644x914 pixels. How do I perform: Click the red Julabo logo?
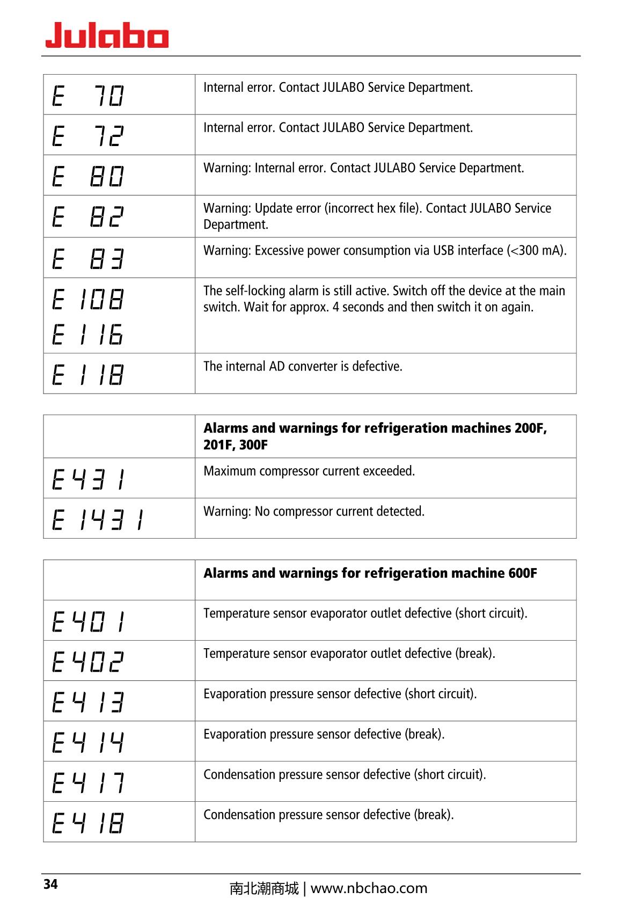click(107, 35)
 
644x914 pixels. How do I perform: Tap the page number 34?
click(50, 884)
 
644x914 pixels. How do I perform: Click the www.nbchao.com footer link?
click(369, 888)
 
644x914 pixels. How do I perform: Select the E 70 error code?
click(89, 96)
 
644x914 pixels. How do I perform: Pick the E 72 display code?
click(89, 136)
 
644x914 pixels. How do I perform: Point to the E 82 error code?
click(89, 216)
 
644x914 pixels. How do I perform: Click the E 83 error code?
click(89, 259)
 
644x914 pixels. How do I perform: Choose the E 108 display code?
click(89, 299)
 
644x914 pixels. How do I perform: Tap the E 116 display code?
click(89, 334)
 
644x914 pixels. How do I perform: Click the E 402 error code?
click(89, 662)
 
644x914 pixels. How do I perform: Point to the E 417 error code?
click(89, 782)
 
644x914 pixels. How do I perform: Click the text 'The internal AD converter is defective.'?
click(303, 366)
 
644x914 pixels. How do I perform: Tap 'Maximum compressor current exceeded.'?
click(309, 471)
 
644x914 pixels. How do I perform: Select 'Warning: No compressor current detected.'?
click(314, 511)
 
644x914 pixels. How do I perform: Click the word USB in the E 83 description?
click(443, 251)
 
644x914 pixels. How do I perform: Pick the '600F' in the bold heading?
click(522, 573)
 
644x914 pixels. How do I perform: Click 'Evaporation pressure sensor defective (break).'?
click(324, 734)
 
